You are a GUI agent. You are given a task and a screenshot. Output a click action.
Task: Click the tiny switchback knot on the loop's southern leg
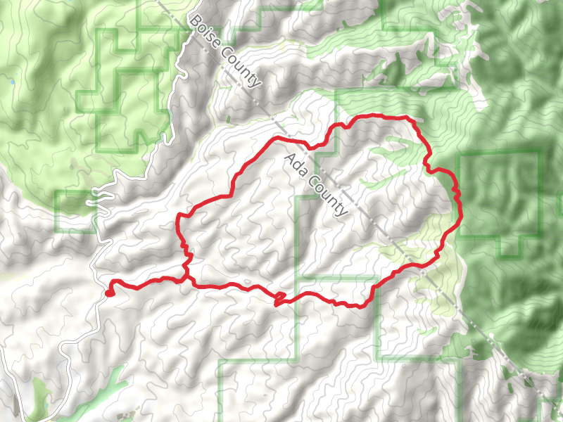[x=279, y=298]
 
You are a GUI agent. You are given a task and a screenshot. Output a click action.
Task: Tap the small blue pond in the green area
[x=12, y=82]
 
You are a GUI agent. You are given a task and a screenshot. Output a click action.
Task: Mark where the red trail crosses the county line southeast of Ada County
[x=399, y=269]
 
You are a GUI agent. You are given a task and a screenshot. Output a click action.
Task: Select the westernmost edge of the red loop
[x=177, y=224]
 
